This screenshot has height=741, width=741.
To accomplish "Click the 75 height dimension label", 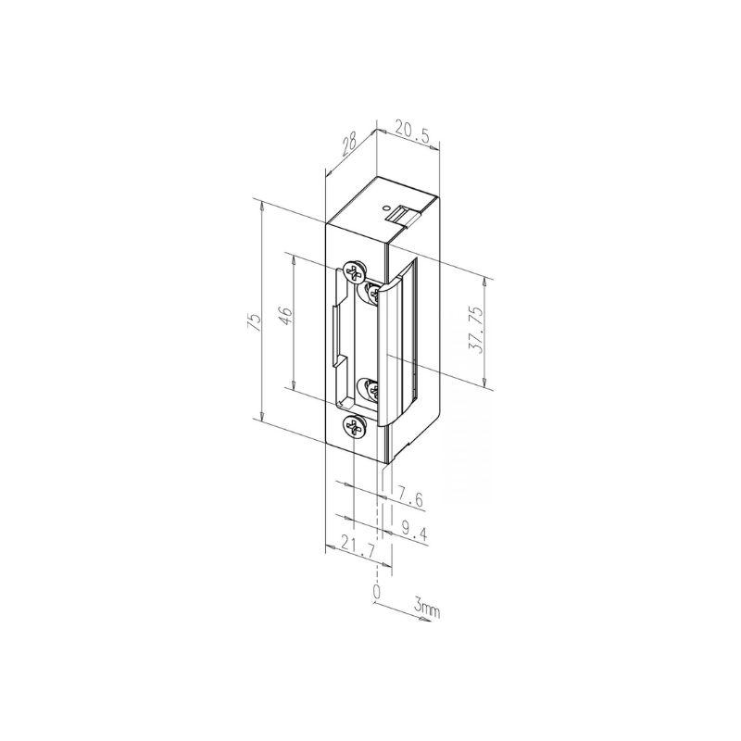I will [x=256, y=322].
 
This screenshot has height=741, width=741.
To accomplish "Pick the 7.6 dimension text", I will [x=408, y=500].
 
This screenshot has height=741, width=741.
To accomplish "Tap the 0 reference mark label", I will [x=376, y=590].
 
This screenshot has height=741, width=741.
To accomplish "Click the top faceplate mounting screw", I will [x=353, y=272].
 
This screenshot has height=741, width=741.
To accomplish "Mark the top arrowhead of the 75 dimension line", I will [x=263, y=206].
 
